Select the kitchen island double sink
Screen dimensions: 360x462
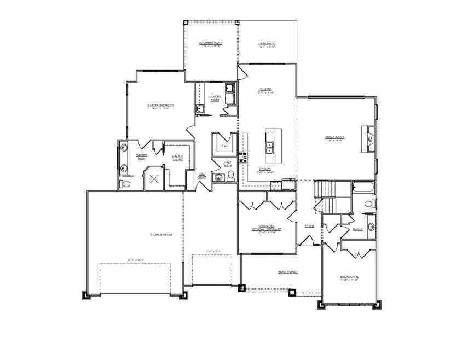coord(270,147)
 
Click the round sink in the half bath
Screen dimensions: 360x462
coord(219,177)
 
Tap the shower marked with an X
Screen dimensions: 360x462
coord(154,178)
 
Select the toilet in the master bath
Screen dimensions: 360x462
coord(126,184)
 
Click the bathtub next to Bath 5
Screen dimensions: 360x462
coord(362,188)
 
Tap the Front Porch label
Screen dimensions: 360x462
coord(287,272)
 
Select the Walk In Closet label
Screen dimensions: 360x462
coord(177,159)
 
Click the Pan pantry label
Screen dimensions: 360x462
coord(224,146)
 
